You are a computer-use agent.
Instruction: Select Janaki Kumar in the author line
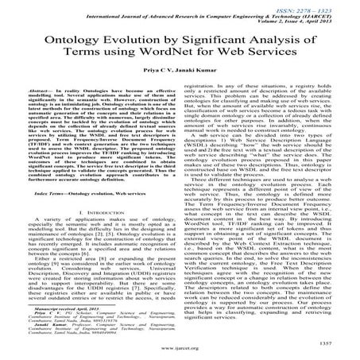(195, 83)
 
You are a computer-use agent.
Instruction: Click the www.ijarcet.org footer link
(180, 346)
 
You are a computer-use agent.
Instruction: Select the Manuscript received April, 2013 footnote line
(67, 306)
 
